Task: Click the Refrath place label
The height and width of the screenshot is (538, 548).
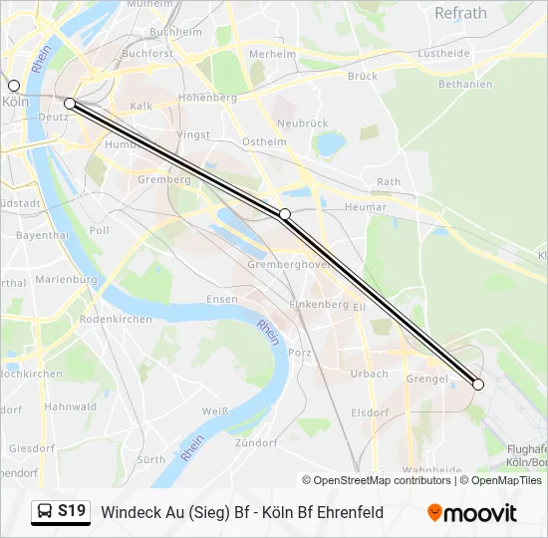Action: tap(460, 13)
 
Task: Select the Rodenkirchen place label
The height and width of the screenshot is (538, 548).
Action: tap(116, 319)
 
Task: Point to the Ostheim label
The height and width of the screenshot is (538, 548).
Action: tap(264, 141)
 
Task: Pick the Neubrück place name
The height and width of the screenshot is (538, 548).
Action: tap(303, 124)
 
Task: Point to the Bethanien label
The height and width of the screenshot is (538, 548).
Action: tap(465, 84)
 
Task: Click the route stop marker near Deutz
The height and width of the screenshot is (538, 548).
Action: tap(70, 104)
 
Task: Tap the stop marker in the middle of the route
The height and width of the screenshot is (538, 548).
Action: tap(285, 214)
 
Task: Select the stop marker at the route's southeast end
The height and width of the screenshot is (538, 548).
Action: tap(478, 385)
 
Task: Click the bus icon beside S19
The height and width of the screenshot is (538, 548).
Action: tap(45, 512)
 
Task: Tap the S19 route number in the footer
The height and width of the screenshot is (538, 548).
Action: tap(72, 512)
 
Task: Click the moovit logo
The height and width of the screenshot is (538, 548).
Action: tap(472, 513)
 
